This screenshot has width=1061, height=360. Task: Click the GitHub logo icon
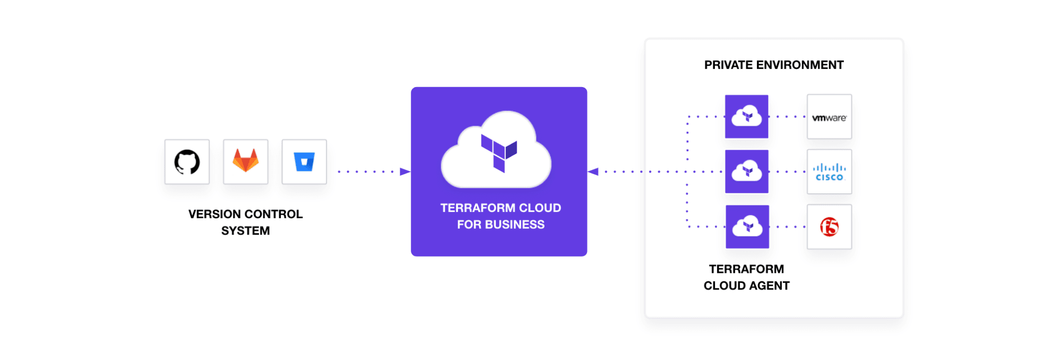coord(187,162)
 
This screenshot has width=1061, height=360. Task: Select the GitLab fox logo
coord(246,161)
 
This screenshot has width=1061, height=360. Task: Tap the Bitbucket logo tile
coord(304,162)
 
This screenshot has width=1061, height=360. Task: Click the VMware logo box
coord(829,117)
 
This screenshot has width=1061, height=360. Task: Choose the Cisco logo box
coord(829,172)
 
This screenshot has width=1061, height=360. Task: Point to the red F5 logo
coord(829,227)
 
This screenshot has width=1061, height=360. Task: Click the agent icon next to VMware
coord(747,116)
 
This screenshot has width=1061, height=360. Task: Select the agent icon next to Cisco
coord(747,172)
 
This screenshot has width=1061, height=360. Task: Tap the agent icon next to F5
coord(747,227)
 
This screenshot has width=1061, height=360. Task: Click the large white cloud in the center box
coord(496,151)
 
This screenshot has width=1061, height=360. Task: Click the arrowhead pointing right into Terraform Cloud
coord(405,172)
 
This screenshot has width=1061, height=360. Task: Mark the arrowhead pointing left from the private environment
coord(593,172)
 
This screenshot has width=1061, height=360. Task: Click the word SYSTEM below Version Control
coord(246,231)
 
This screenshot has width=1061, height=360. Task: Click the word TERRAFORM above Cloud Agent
coord(746,269)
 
